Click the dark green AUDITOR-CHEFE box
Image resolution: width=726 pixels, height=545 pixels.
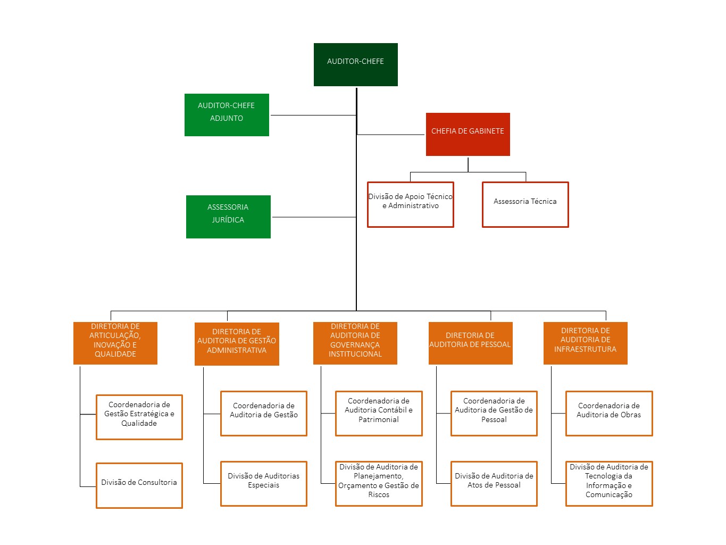(x=355, y=64)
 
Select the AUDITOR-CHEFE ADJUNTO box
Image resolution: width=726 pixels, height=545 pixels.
(x=227, y=115)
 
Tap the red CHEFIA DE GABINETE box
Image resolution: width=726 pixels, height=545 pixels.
(x=468, y=134)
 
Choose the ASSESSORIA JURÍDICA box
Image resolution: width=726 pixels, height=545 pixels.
(x=228, y=217)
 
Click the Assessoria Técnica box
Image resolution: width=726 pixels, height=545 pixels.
(x=525, y=204)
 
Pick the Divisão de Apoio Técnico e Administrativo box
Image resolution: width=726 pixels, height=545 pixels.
(x=410, y=204)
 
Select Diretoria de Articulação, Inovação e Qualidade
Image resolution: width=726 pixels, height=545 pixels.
(x=115, y=343)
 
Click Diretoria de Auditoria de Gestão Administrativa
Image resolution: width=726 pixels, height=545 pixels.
(x=237, y=344)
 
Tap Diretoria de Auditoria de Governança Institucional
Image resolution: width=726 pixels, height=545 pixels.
(x=355, y=343)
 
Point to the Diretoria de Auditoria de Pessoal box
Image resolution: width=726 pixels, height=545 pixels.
(x=470, y=343)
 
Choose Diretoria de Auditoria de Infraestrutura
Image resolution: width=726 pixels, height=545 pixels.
(x=585, y=343)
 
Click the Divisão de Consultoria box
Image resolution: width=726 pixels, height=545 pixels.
(x=139, y=485)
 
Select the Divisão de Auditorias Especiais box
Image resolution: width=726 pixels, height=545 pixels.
(x=263, y=483)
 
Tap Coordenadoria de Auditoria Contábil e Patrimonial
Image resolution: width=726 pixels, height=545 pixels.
(x=378, y=414)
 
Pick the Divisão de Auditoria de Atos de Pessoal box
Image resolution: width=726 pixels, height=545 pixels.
(x=494, y=483)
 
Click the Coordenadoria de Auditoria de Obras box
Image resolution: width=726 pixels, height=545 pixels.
(x=608, y=414)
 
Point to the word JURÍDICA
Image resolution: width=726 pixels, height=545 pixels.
(x=228, y=220)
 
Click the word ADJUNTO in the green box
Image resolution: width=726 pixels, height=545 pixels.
(x=227, y=118)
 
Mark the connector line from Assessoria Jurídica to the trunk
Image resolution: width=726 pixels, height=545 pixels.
(x=314, y=217)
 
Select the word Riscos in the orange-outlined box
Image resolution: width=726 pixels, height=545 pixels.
(x=379, y=495)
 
